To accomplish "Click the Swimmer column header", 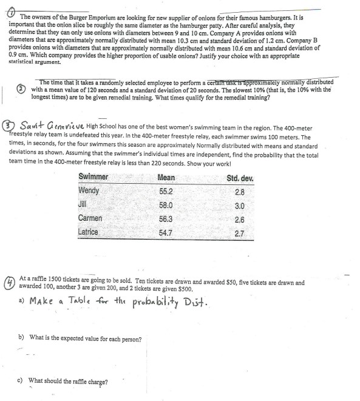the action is [93, 177].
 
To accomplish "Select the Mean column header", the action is [166, 177].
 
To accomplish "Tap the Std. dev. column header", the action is [240, 177].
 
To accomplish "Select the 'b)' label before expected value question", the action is [22, 339].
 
